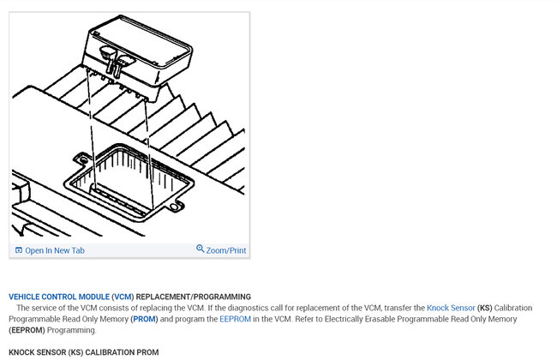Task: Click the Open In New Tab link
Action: pyautogui.click(x=55, y=250)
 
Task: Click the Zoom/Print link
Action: pyautogui.click(x=226, y=250)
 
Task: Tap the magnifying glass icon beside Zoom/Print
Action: pyautogui.click(x=201, y=249)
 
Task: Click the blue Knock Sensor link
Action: pyautogui.click(x=451, y=308)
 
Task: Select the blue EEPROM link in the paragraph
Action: pyautogui.click(x=235, y=319)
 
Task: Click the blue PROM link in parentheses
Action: pyautogui.click(x=144, y=319)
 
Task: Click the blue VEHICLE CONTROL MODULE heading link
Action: pyautogui.click(x=59, y=297)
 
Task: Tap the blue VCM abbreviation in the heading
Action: pyautogui.click(x=123, y=297)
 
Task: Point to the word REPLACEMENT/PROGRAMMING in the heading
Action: pyautogui.click(x=194, y=297)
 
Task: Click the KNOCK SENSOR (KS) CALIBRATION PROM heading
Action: pyautogui.click(x=84, y=352)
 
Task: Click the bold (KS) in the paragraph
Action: pyautogui.click(x=484, y=308)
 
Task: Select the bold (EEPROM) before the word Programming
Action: pyautogui.click(x=27, y=330)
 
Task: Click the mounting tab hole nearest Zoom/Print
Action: pyautogui.click(x=174, y=207)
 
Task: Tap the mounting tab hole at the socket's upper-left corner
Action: pyautogui.click(x=84, y=160)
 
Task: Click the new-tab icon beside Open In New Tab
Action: pyautogui.click(x=19, y=250)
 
